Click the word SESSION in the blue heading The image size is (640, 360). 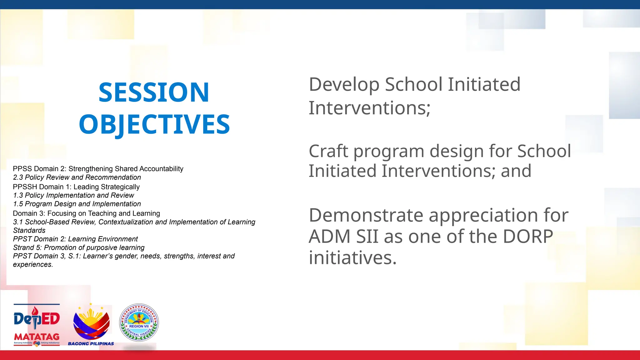pyautogui.click(x=153, y=92)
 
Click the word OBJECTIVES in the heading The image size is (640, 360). pyautogui.click(x=154, y=124)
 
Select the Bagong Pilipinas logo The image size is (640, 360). pyautogui.click(x=91, y=322)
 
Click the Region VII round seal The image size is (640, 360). pyautogui.click(x=139, y=322)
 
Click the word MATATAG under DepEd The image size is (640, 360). pyautogui.click(x=37, y=337)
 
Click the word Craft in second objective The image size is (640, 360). pyautogui.click(x=328, y=151)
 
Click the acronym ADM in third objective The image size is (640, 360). pyautogui.click(x=329, y=237)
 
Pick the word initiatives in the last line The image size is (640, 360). pyautogui.click(x=352, y=258)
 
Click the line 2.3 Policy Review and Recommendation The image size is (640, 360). pyautogui.click(x=77, y=177)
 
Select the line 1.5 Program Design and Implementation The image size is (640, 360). pyautogui.click(x=77, y=204)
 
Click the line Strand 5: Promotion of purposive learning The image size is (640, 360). pyautogui.click(x=79, y=247)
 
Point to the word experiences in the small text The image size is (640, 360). pyautogui.click(x=32, y=265)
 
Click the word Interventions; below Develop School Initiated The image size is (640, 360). pyautogui.click(x=369, y=108)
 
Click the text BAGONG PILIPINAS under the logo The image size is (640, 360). pyautogui.click(x=91, y=344)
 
